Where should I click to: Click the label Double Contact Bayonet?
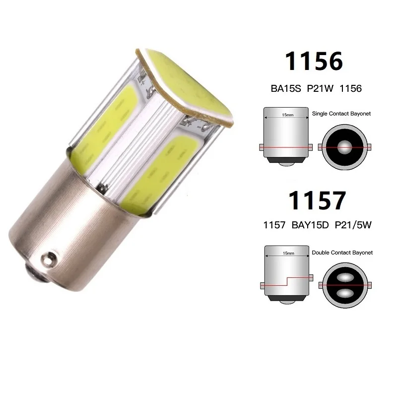[x=341, y=253]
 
